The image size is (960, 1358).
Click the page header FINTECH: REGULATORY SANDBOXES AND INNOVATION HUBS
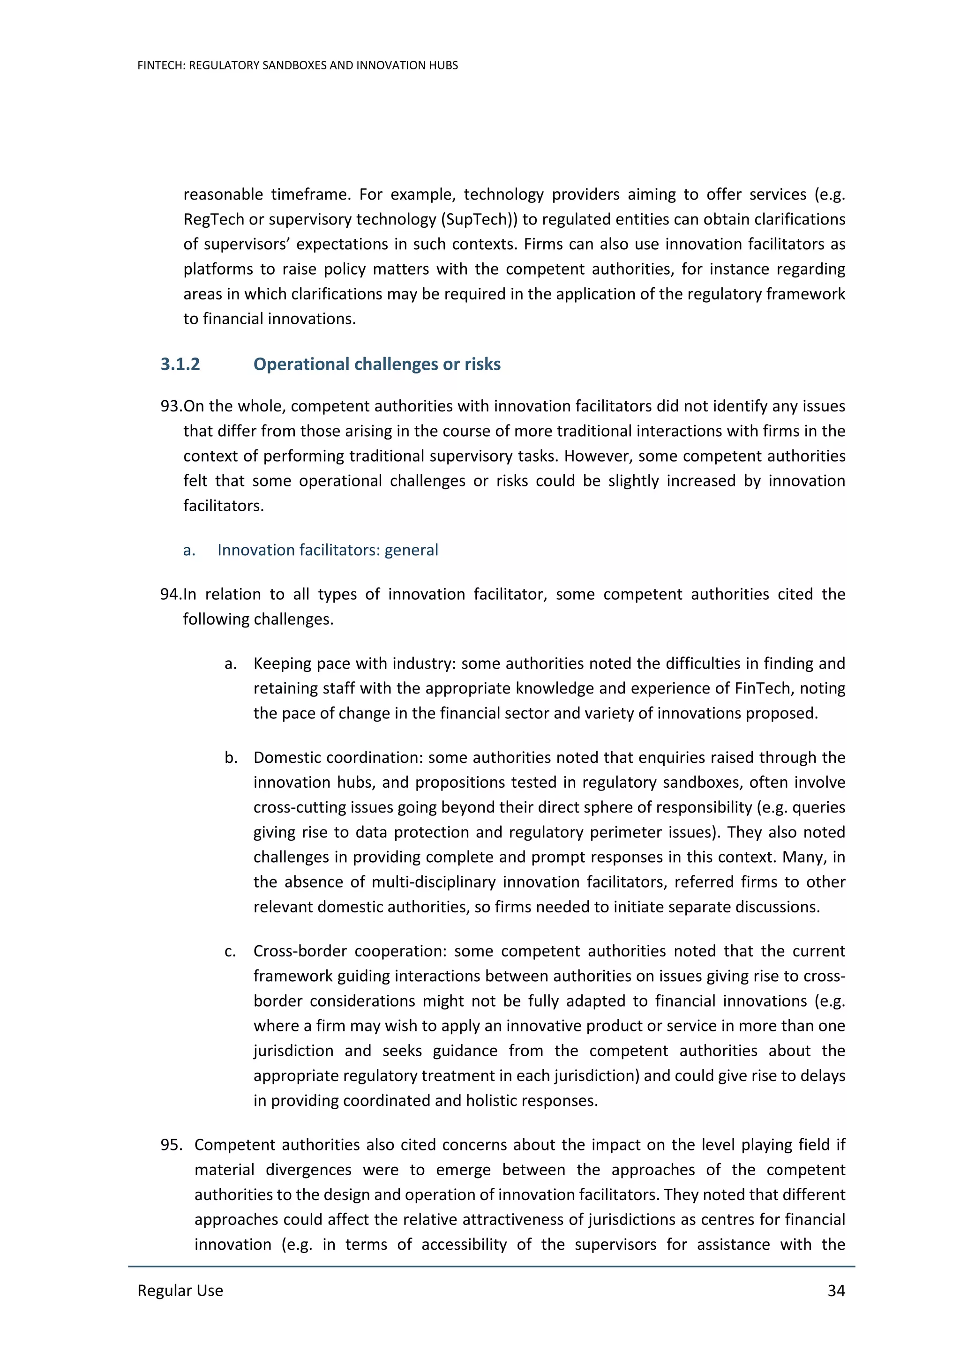click(x=298, y=66)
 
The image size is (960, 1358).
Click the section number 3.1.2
click(x=180, y=364)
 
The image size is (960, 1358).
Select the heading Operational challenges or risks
click(x=377, y=364)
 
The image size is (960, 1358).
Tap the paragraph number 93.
click(x=170, y=406)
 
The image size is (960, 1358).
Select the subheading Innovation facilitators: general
click(x=328, y=550)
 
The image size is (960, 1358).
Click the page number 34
click(x=836, y=1291)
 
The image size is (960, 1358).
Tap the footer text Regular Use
click(x=180, y=1291)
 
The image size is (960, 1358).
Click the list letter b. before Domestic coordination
click(x=231, y=758)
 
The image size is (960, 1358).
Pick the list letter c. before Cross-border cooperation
click(x=231, y=951)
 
